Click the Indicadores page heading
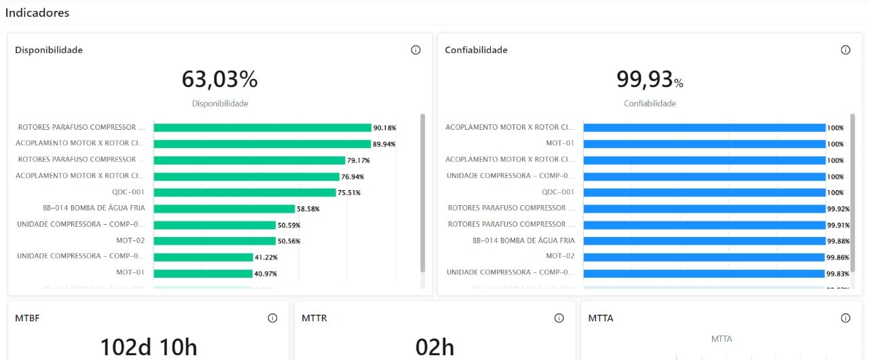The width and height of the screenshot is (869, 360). tap(37, 13)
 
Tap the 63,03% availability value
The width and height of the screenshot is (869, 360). tap(219, 79)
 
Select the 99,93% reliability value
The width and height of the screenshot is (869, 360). tap(649, 79)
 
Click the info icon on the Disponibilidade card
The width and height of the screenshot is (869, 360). tap(416, 50)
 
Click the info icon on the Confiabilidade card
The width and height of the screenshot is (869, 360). tap(845, 50)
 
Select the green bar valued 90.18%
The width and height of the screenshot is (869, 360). tap(262, 128)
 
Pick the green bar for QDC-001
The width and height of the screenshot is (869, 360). tap(245, 192)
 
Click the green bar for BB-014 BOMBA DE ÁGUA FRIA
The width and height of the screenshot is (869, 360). tap(224, 209)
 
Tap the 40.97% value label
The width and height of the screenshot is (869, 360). tap(266, 274)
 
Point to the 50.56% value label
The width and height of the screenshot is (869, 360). tap(289, 241)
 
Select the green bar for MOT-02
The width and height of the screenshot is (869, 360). tap(215, 241)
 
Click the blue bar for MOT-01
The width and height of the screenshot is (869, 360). tap(704, 144)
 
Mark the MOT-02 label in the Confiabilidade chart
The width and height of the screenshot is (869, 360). tap(560, 257)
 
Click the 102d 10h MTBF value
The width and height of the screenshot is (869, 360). tap(149, 347)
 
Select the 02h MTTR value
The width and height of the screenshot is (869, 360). tap(434, 347)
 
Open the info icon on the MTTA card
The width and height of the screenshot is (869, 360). tap(845, 318)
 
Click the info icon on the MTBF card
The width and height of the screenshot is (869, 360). tap(272, 318)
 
